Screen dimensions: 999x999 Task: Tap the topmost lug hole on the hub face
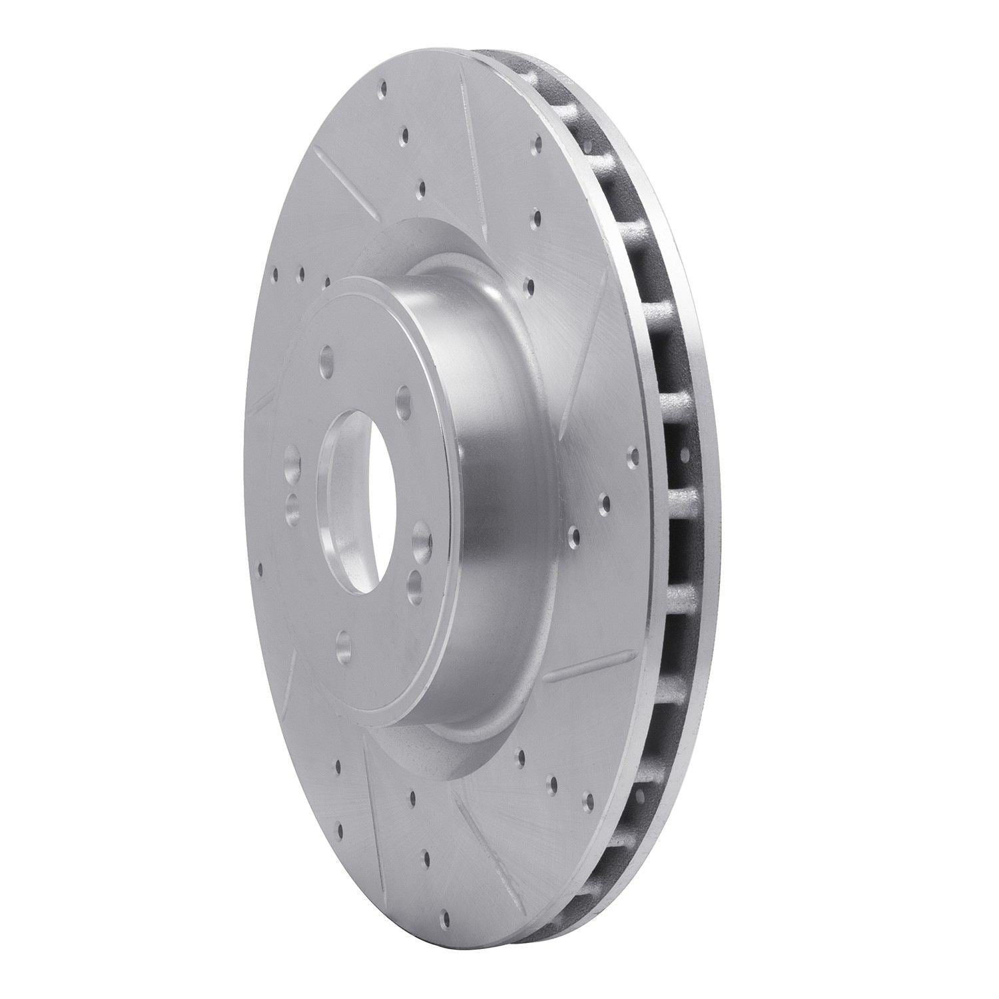[326, 356]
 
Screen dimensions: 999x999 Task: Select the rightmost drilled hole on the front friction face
[633, 456]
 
